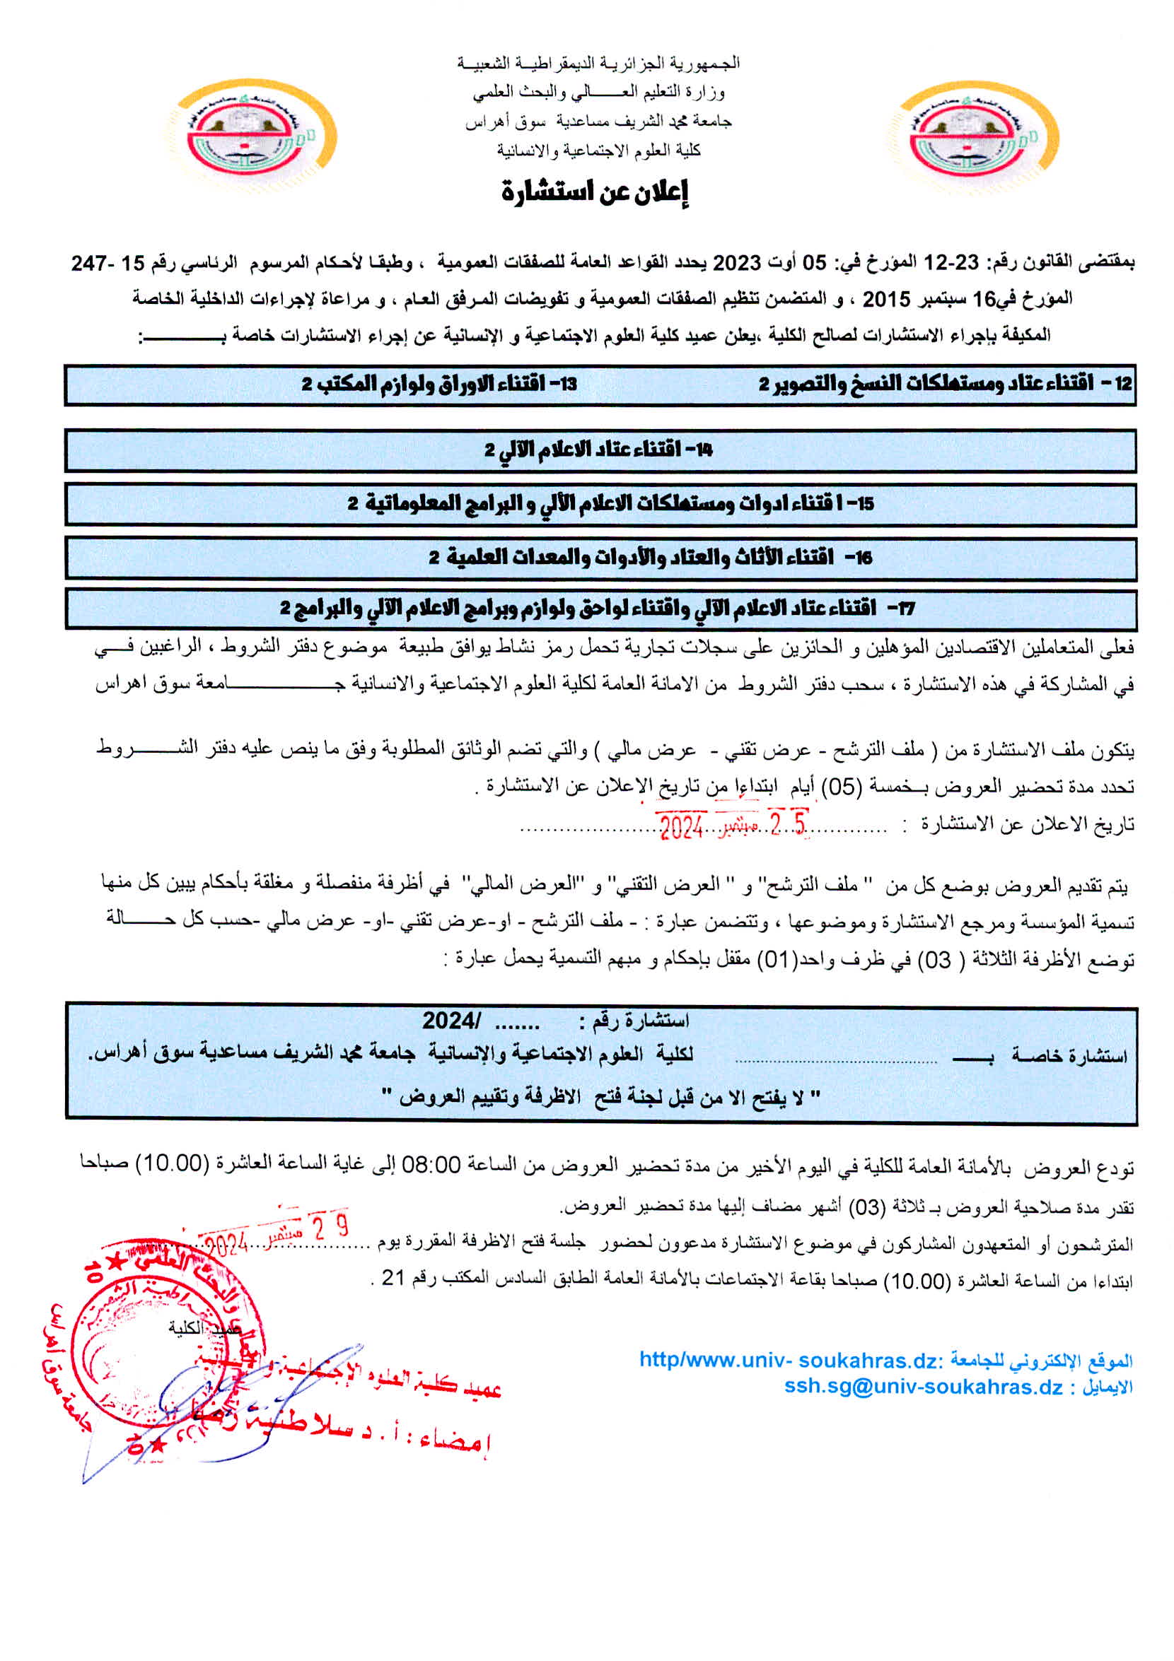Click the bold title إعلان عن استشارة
click(x=594, y=192)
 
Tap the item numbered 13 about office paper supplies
click(x=438, y=383)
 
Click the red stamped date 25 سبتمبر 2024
click(x=731, y=826)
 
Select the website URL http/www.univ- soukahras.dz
click(x=789, y=1361)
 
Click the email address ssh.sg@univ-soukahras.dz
click(x=924, y=1387)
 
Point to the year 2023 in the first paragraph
click(x=737, y=263)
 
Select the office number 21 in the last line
click(x=393, y=1278)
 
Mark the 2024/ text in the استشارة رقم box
click(x=451, y=1021)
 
